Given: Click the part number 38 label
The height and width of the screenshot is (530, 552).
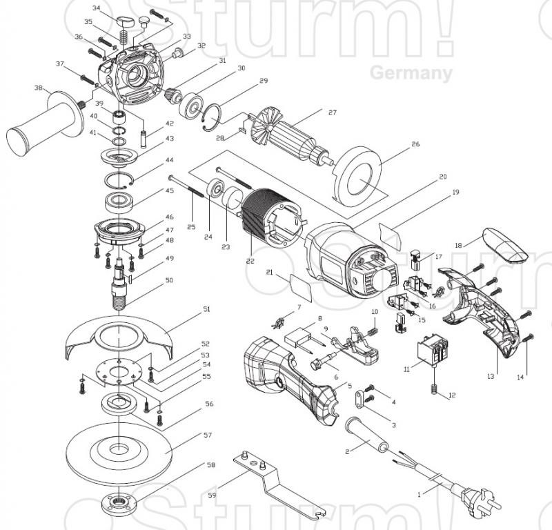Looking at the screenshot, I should click(x=38, y=88).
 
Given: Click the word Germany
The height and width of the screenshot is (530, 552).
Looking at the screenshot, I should click(x=411, y=73).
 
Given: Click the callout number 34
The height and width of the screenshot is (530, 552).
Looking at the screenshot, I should click(x=96, y=9).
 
